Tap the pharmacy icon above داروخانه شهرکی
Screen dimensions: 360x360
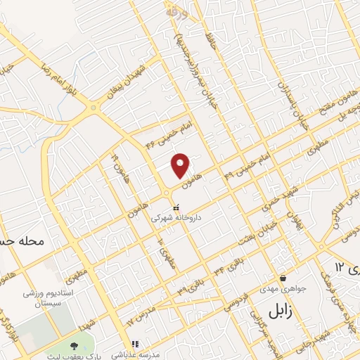coord(176,208)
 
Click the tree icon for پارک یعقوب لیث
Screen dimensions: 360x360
coord(73,345)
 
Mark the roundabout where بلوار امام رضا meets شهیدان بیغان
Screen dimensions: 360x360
coord(93,108)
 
